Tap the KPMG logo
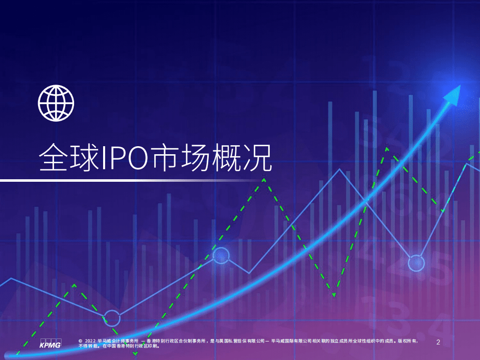[50, 344]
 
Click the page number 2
[438, 342]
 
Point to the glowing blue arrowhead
[453, 94]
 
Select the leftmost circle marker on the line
[112, 318]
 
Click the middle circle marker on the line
[221, 256]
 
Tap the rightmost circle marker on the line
[416, 263]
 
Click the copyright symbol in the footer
[81, 341]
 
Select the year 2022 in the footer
[91, 341]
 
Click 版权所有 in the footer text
[409, 341]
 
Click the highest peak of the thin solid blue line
[340, 169]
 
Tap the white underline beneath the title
[130, 180]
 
